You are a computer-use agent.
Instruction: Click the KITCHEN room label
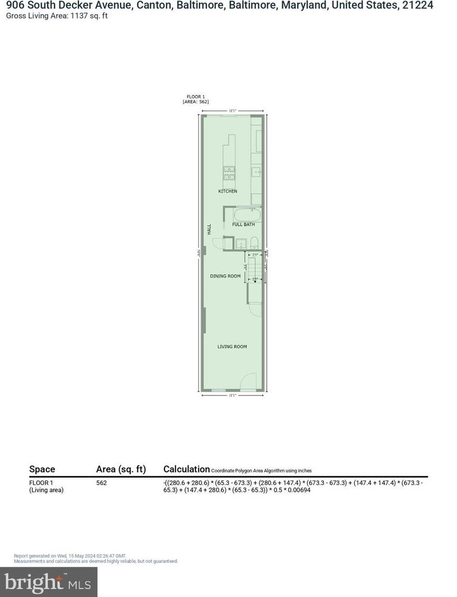pos(227,191)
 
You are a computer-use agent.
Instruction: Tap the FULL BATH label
pos(243,225)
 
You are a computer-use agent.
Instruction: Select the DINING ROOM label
pos(226,276)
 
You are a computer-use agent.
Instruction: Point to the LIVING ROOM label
pos(232,347)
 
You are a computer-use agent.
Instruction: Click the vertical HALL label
pos(210,229)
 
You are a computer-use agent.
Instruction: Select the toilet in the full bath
pos(255,242)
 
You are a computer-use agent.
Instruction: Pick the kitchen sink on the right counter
pos(256,171)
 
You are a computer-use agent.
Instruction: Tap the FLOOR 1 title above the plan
pos(195,97)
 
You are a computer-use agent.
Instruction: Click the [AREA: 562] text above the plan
pos(195,102)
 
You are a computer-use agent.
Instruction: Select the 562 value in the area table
pos(101,483)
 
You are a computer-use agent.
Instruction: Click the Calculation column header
pos(186,469)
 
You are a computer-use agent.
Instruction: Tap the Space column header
pos(42,469)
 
